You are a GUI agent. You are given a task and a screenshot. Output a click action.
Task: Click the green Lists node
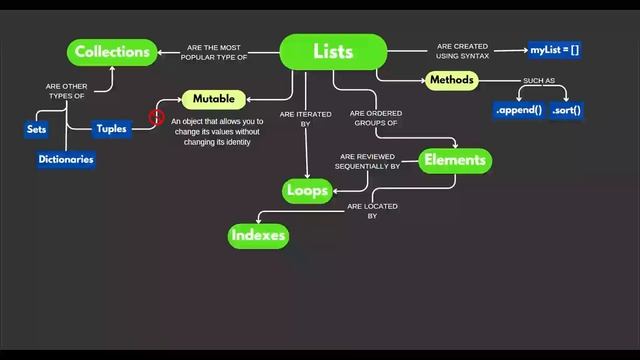pos(333,52)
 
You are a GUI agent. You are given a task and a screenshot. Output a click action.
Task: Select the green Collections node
pos(112,52)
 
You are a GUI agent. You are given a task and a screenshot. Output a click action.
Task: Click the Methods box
pos(451,80)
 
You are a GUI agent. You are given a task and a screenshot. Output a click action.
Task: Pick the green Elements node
pos(454,160)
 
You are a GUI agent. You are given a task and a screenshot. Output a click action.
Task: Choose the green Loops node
pos(307,190)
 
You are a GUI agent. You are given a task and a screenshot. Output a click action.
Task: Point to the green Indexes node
pos(259,236)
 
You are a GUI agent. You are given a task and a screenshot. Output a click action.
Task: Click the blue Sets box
pos(37,130)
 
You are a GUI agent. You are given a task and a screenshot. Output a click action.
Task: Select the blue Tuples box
pos(111,129)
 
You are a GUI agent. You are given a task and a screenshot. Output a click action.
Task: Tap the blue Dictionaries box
pos(66,159)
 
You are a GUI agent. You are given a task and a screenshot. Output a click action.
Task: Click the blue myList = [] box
pos(555,49)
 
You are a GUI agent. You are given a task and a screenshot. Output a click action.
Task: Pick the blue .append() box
pos(518,110)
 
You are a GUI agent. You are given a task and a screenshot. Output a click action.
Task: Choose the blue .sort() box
pos(566,110)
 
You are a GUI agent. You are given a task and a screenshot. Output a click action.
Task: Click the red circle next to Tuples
pos(156,117)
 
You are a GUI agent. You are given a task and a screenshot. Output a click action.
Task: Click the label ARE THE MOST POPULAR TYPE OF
pos(214,52)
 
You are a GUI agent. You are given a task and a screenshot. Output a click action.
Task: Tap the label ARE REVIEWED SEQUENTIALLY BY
pos(370,162)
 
